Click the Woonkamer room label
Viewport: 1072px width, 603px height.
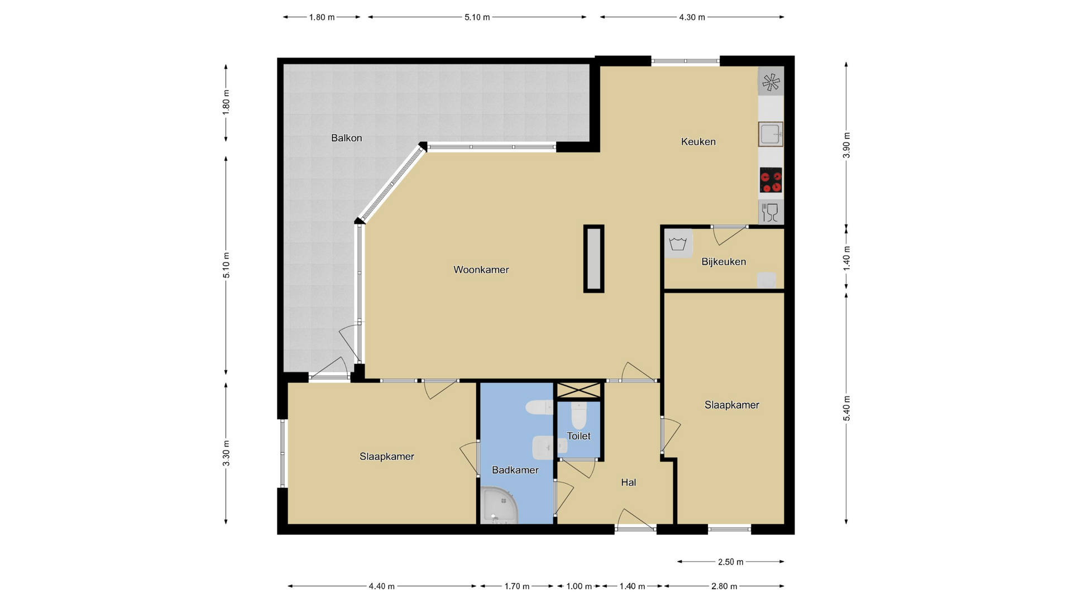481,270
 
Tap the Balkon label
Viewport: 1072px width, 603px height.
346,138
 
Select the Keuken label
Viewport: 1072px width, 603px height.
698,142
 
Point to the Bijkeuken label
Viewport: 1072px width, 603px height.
724,262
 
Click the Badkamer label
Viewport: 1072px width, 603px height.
515,470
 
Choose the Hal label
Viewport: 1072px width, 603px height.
628,482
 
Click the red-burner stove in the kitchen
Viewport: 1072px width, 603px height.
770,180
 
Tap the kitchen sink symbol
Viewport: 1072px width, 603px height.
770,134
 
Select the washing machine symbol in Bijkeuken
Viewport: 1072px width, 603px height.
678,244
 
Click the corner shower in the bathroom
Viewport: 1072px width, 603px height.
499,506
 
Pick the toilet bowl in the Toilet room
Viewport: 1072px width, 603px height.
579,414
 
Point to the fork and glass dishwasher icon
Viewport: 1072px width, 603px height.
770,212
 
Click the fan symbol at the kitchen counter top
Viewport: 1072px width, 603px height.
771,82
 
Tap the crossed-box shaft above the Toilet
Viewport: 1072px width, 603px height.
579,390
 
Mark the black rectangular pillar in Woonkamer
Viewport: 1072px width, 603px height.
594,259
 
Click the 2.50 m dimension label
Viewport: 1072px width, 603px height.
730,562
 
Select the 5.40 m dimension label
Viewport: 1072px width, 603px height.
846,408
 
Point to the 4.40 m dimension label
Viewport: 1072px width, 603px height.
381,586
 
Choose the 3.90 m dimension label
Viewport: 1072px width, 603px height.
846,145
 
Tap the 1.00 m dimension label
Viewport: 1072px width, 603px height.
579,586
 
